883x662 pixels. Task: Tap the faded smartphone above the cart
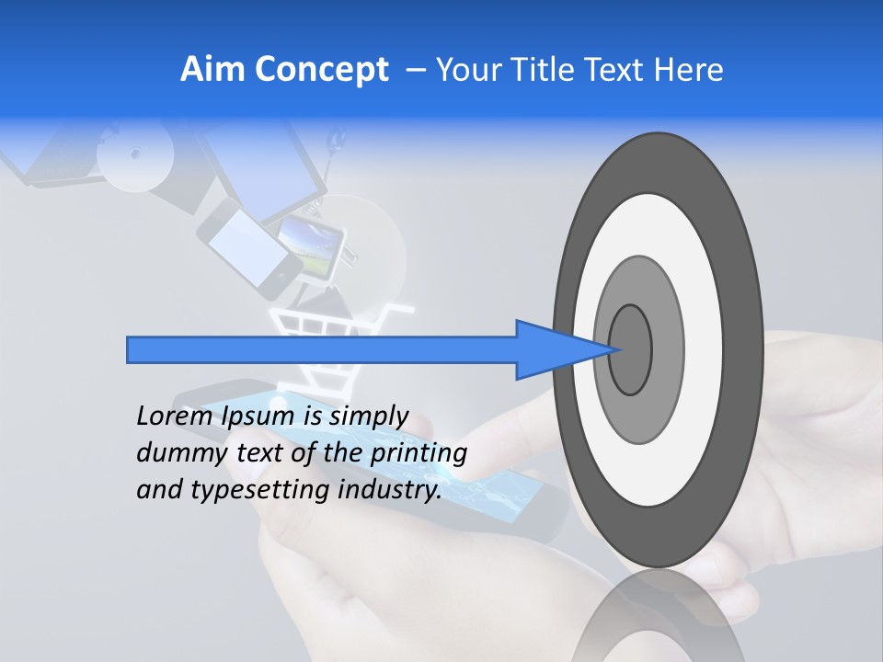tap(249, 248)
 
